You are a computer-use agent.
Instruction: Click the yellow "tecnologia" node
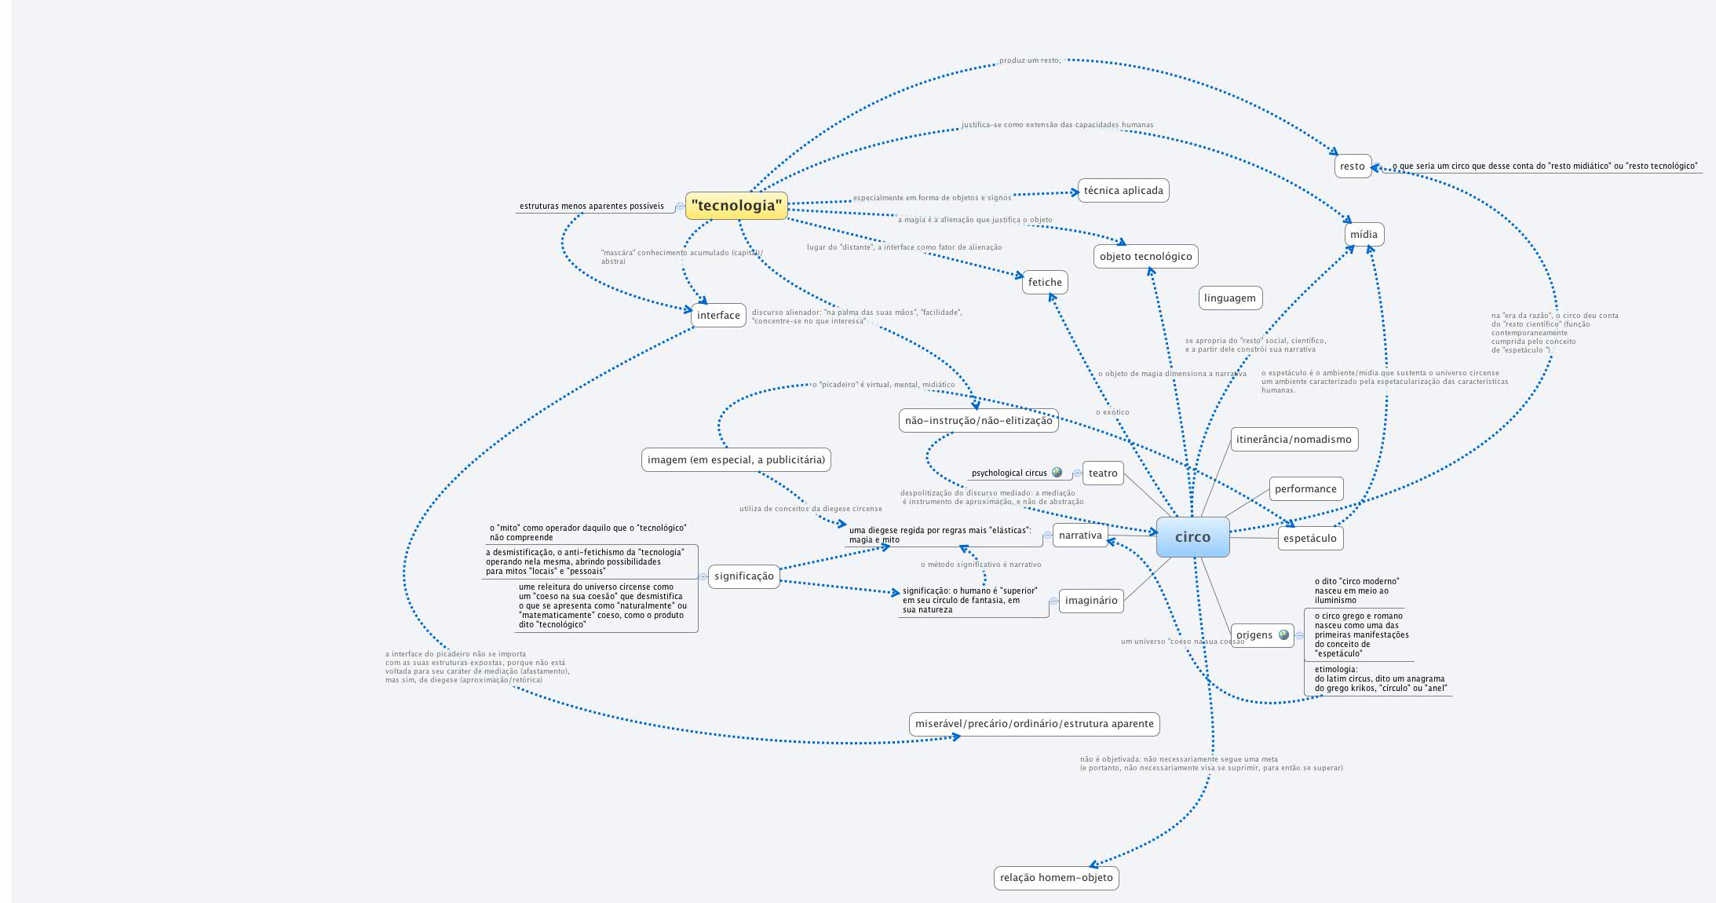[x=736, y=206]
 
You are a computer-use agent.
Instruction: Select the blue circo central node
[x=1192, y=537]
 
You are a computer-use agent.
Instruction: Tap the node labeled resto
[x=1352, y=166]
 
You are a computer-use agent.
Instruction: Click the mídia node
[x=1364, y=234]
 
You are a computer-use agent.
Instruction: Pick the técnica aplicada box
[x=1123, y=190]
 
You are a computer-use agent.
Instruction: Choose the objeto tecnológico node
[x=1145, y=256]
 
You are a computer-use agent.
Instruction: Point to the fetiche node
[x=1044, y=282]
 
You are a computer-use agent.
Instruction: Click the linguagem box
[x=1229, y=298]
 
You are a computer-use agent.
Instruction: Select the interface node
[x=718, y=315]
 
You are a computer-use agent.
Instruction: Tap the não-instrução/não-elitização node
[x=978, y=420]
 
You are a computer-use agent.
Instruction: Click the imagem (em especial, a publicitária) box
[x=736, y=459]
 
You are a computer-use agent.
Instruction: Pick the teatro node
[x=1102, y=473]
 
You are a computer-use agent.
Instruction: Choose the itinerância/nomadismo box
[x=1294, y=439]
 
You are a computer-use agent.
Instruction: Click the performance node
[x=1305, y=488]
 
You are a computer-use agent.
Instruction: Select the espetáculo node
[x=1309, y=538]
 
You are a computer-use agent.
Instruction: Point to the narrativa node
[x=1080, y=535]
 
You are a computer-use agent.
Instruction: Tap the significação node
[x=743, y=576]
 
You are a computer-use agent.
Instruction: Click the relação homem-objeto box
[x=1056, y=877]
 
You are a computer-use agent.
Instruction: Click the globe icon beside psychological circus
[x=1057, y=473]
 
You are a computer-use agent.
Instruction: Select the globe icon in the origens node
[x=1283, y=634]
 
